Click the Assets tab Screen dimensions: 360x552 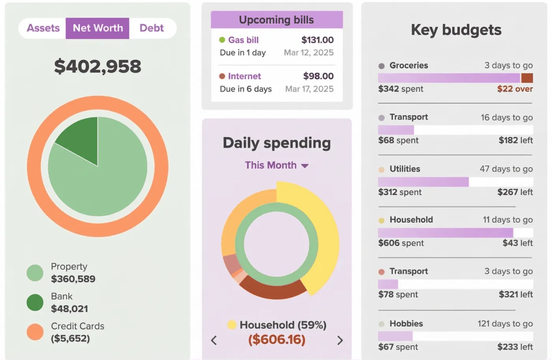(x=43, y=28)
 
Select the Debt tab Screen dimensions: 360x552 (x=151, y=28)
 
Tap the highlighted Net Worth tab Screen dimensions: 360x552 (x=97, y=28)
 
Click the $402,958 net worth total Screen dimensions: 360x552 (x=97, y=66)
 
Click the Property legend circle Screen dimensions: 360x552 (x=35, y=273)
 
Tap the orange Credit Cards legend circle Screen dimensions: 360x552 (x=35, y=332)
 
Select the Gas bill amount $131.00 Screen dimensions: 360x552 (x=317, y=40)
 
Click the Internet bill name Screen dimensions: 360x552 (x=244, y=76)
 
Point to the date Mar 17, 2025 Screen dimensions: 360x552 (x=309, y=89)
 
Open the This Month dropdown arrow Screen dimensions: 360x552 (x=305, y=166)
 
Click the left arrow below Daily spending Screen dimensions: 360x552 (x=214, y=340)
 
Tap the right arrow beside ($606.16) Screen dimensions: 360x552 (x=340, y=340)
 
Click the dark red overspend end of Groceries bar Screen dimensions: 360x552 (x=527, y=78)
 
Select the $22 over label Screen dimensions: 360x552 (x=515, y=89)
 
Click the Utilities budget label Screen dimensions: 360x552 (x=405, y=169)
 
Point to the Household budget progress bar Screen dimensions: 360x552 (x=446, y=233)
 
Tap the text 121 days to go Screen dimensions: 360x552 (x=505, y=324)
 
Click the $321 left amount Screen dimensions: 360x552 (x=515, y=295)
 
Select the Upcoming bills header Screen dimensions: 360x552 (x=276, y=20)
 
